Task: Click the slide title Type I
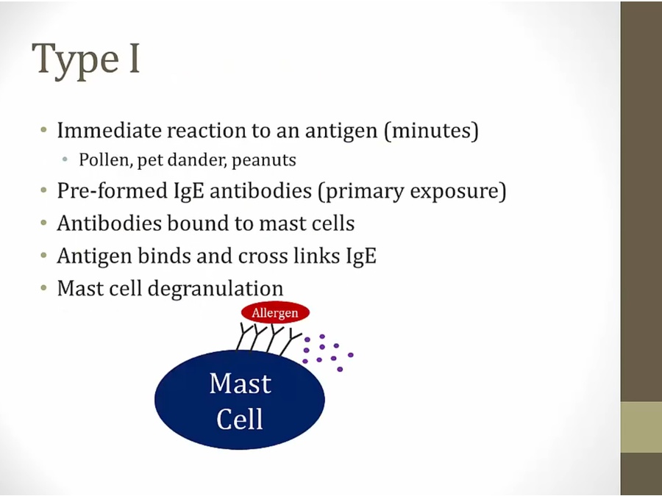(86, 60)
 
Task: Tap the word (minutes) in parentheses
(431, 130)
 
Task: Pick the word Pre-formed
(113, 190)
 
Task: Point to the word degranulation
(216, 290)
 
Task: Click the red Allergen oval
(275, 313)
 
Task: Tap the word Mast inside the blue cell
(241, 384)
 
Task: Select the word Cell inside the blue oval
(239, 418)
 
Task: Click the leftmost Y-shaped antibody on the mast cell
(244, 337)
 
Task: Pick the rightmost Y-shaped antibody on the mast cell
(290, 342)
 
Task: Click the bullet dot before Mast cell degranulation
(44, 289)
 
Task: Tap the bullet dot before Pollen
(65, 159)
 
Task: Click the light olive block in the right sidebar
(641, 427)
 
